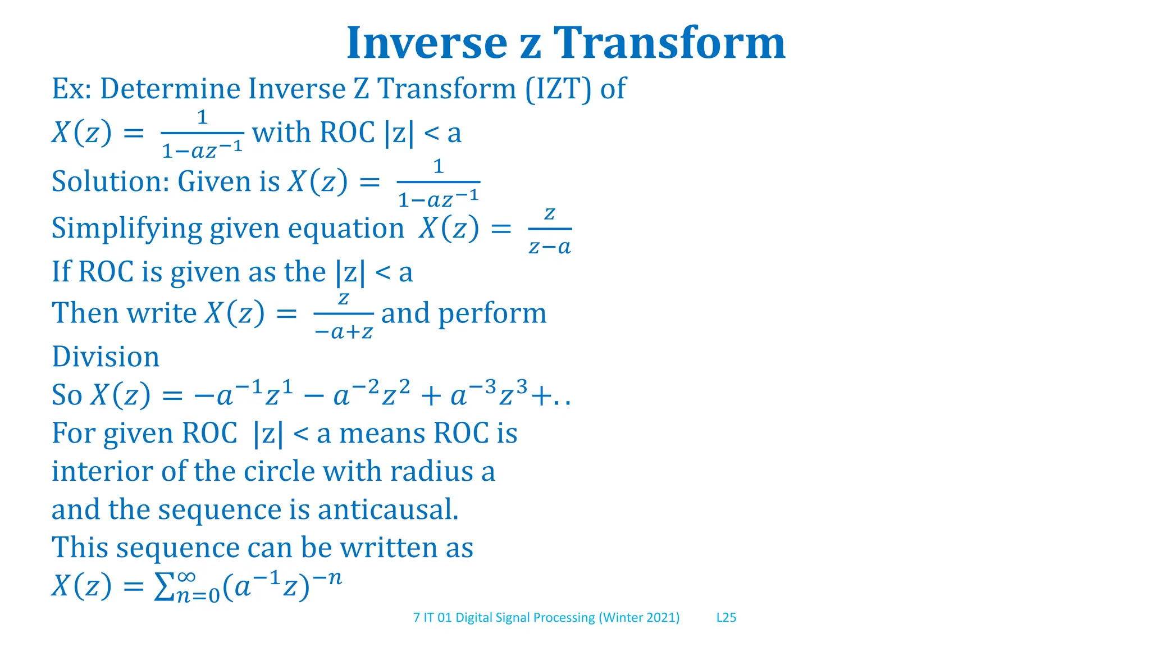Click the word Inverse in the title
point(427,43)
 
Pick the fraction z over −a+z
point(344,315)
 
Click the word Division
point(106,357)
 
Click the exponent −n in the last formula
point(328,578)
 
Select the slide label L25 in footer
point(726,618)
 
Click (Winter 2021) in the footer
point(639,618)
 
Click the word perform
point(492,313)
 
